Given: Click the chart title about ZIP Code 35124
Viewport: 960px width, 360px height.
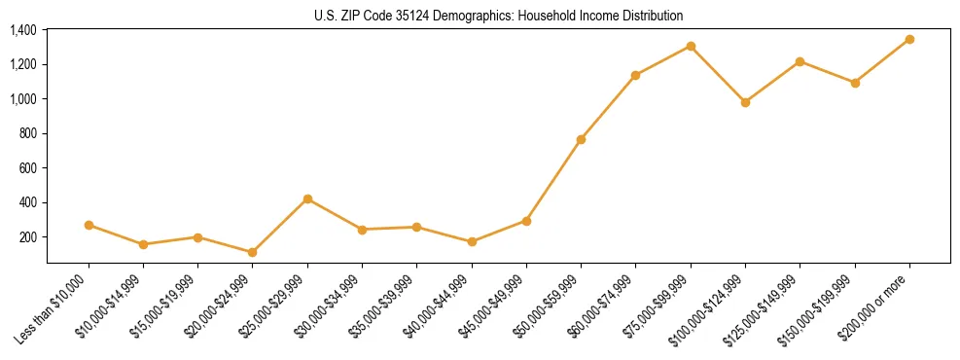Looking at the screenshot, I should click(499, 16).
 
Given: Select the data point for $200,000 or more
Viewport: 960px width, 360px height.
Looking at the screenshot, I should click(909, 39).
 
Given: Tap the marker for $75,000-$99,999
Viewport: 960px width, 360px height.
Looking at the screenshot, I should click(691, 46).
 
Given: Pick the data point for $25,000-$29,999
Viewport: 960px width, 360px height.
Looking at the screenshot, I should click(307, 198).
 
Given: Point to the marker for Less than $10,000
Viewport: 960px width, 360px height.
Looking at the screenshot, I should click(89, 225).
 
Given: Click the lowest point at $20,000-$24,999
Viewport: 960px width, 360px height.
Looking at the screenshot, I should click(253, 252).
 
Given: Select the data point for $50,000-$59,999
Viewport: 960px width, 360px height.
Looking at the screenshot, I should click(581, 139).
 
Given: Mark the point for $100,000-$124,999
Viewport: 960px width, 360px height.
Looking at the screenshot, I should click(745, 102).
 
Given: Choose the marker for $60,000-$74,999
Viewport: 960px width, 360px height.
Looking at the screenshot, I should click(635, 75).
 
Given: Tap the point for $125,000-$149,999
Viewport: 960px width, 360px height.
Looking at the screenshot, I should click(800, 61).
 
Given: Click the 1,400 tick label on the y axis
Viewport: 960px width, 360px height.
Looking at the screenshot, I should click(23, 30).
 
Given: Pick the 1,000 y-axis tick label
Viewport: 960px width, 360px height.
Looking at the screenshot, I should click(23, 99).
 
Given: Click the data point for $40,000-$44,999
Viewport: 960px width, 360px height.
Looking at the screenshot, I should click(472, 241).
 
